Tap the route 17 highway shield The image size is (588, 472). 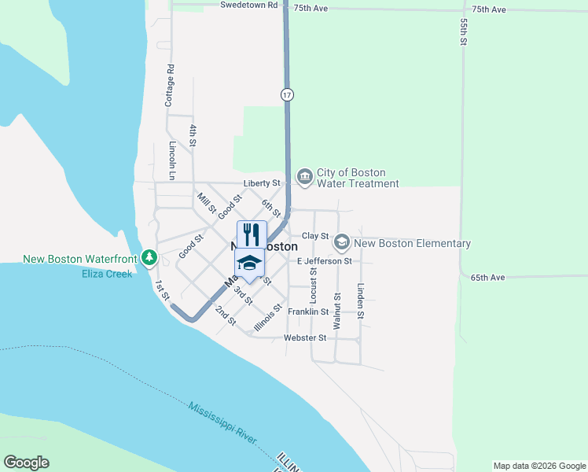click(288, 94)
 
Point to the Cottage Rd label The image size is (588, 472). click(169, 86)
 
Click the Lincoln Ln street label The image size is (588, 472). click(172, 156)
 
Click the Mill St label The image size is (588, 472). click(206, 203)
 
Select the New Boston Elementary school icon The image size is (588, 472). click(341, 243)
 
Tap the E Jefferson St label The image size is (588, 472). click(324, 260)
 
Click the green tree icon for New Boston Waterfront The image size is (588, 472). click(149, 257)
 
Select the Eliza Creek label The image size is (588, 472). click(107, 274)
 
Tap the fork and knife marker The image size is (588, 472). click(252, 234)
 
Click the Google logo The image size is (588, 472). click(26, 463)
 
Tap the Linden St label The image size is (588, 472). click(361, 301)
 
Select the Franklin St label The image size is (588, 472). click(308, 312)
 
